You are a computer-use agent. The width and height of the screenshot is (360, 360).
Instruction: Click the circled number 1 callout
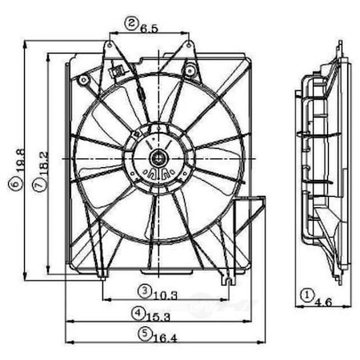306,294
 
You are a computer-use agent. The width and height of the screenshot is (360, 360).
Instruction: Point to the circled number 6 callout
17,183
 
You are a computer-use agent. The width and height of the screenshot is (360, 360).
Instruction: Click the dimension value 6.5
149,26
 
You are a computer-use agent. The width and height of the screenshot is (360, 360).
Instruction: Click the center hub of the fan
158,156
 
